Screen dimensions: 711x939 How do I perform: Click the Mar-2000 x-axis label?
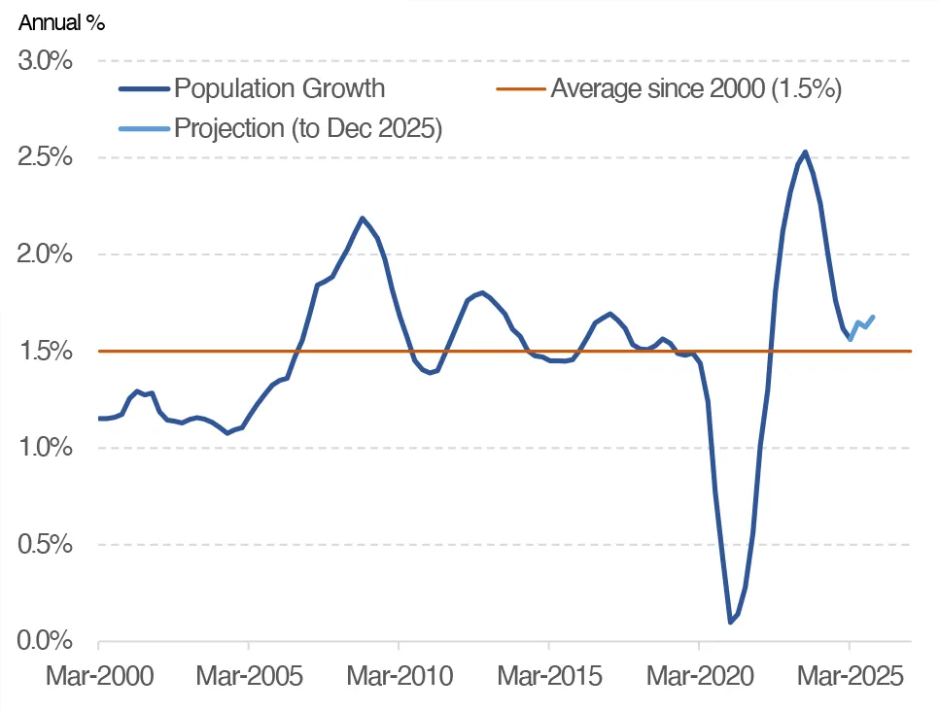tap(99, 676)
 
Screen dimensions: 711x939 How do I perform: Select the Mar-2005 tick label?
tap(249, 676)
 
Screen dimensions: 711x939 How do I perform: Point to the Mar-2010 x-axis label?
tap(399, 676)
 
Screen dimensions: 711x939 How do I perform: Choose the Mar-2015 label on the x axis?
tap(549, 676)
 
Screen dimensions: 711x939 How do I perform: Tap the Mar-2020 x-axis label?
tap(699, 676)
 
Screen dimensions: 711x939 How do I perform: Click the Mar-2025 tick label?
tap(849, 676)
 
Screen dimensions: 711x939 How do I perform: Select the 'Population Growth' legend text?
tap(280, 89)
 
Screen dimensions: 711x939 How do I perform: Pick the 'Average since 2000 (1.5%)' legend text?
tap(695, 89)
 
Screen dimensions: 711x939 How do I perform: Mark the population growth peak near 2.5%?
tap(805, 152)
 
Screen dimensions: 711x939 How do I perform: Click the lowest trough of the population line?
tap(730, 622)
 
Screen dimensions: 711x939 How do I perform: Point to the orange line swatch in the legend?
tap(520, 89)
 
